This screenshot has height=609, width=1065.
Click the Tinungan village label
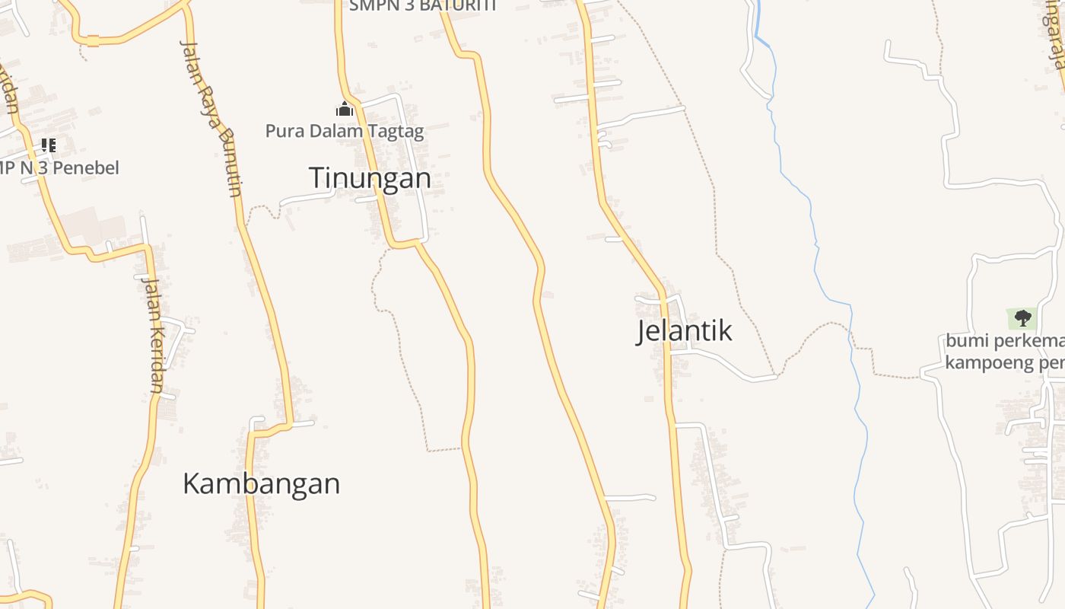click(x=370, y=178)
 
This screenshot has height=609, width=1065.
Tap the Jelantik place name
click(x=684, y=330)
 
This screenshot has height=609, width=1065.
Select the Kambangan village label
click(x=261, y=484)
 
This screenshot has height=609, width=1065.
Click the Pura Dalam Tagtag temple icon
click(x=345, y=110)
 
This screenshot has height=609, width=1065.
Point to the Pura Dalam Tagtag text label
click(x=345, y=131)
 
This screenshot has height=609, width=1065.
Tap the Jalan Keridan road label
click(x=152, y=335)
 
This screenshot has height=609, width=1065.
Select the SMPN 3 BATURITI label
click(x=422, y=6)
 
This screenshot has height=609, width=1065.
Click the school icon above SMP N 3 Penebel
click(x=49, y=145)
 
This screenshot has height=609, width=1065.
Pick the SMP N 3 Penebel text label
click(x=59, y=167)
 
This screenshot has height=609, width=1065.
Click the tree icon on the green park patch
click(x=1022, y=317)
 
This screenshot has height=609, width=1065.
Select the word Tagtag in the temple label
click(x=396, y=131)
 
